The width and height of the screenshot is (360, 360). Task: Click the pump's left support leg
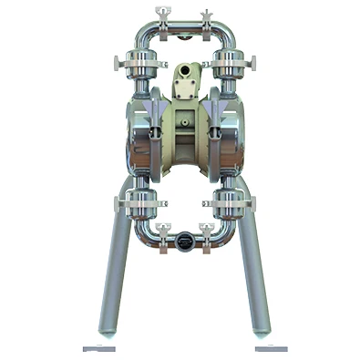(x=114, y=273)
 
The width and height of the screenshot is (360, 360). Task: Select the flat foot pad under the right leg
(x=271, y=347)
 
